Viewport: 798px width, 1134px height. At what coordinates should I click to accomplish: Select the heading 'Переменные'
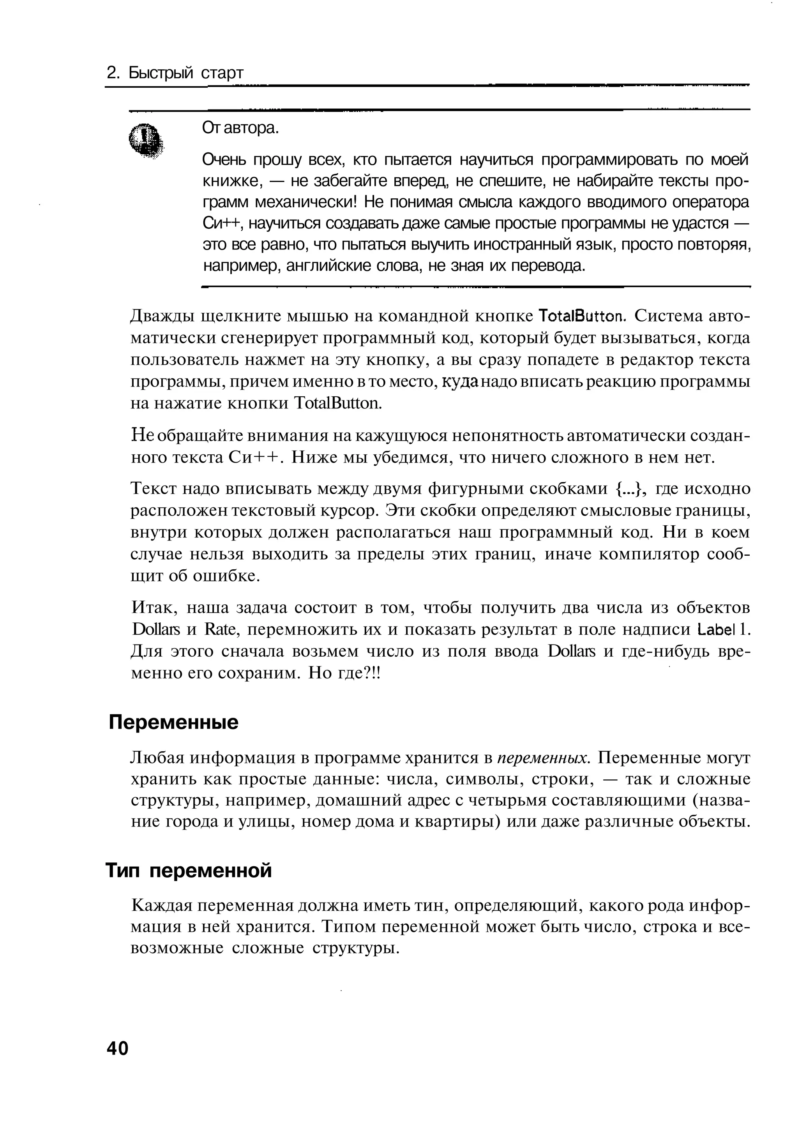click(173, 722)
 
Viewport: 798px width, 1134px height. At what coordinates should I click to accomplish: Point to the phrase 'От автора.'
click(240, 128)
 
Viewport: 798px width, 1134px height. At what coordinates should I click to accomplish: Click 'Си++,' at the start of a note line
click(221, 223)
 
